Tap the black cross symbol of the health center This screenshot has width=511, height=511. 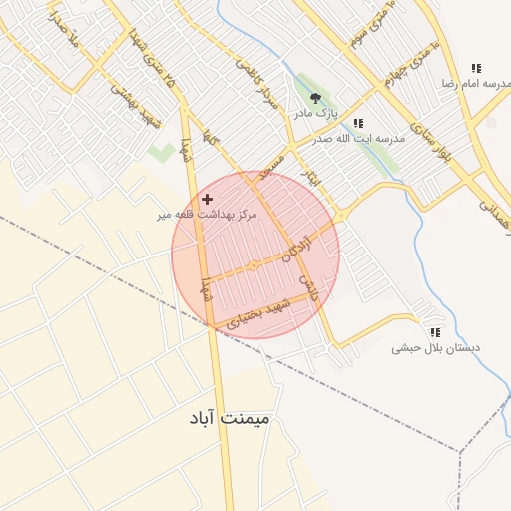point(207,200)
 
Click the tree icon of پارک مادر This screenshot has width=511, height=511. point(316,98)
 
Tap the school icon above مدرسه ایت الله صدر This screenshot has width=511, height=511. point(357,123)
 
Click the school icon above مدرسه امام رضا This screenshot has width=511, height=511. point(476,68)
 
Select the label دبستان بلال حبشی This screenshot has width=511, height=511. point(434,348)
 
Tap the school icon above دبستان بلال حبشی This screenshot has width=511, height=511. point(434,331)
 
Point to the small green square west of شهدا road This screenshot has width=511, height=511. point(161,153)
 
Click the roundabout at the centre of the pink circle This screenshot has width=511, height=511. point(255,265)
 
